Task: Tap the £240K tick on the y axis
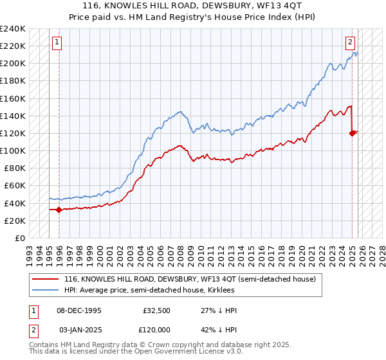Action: (x=12, y=29)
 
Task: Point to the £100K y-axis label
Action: (x=12, y=150)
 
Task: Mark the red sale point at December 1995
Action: (x=59, y=210)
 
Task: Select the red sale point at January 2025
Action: (x=353, y=133)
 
